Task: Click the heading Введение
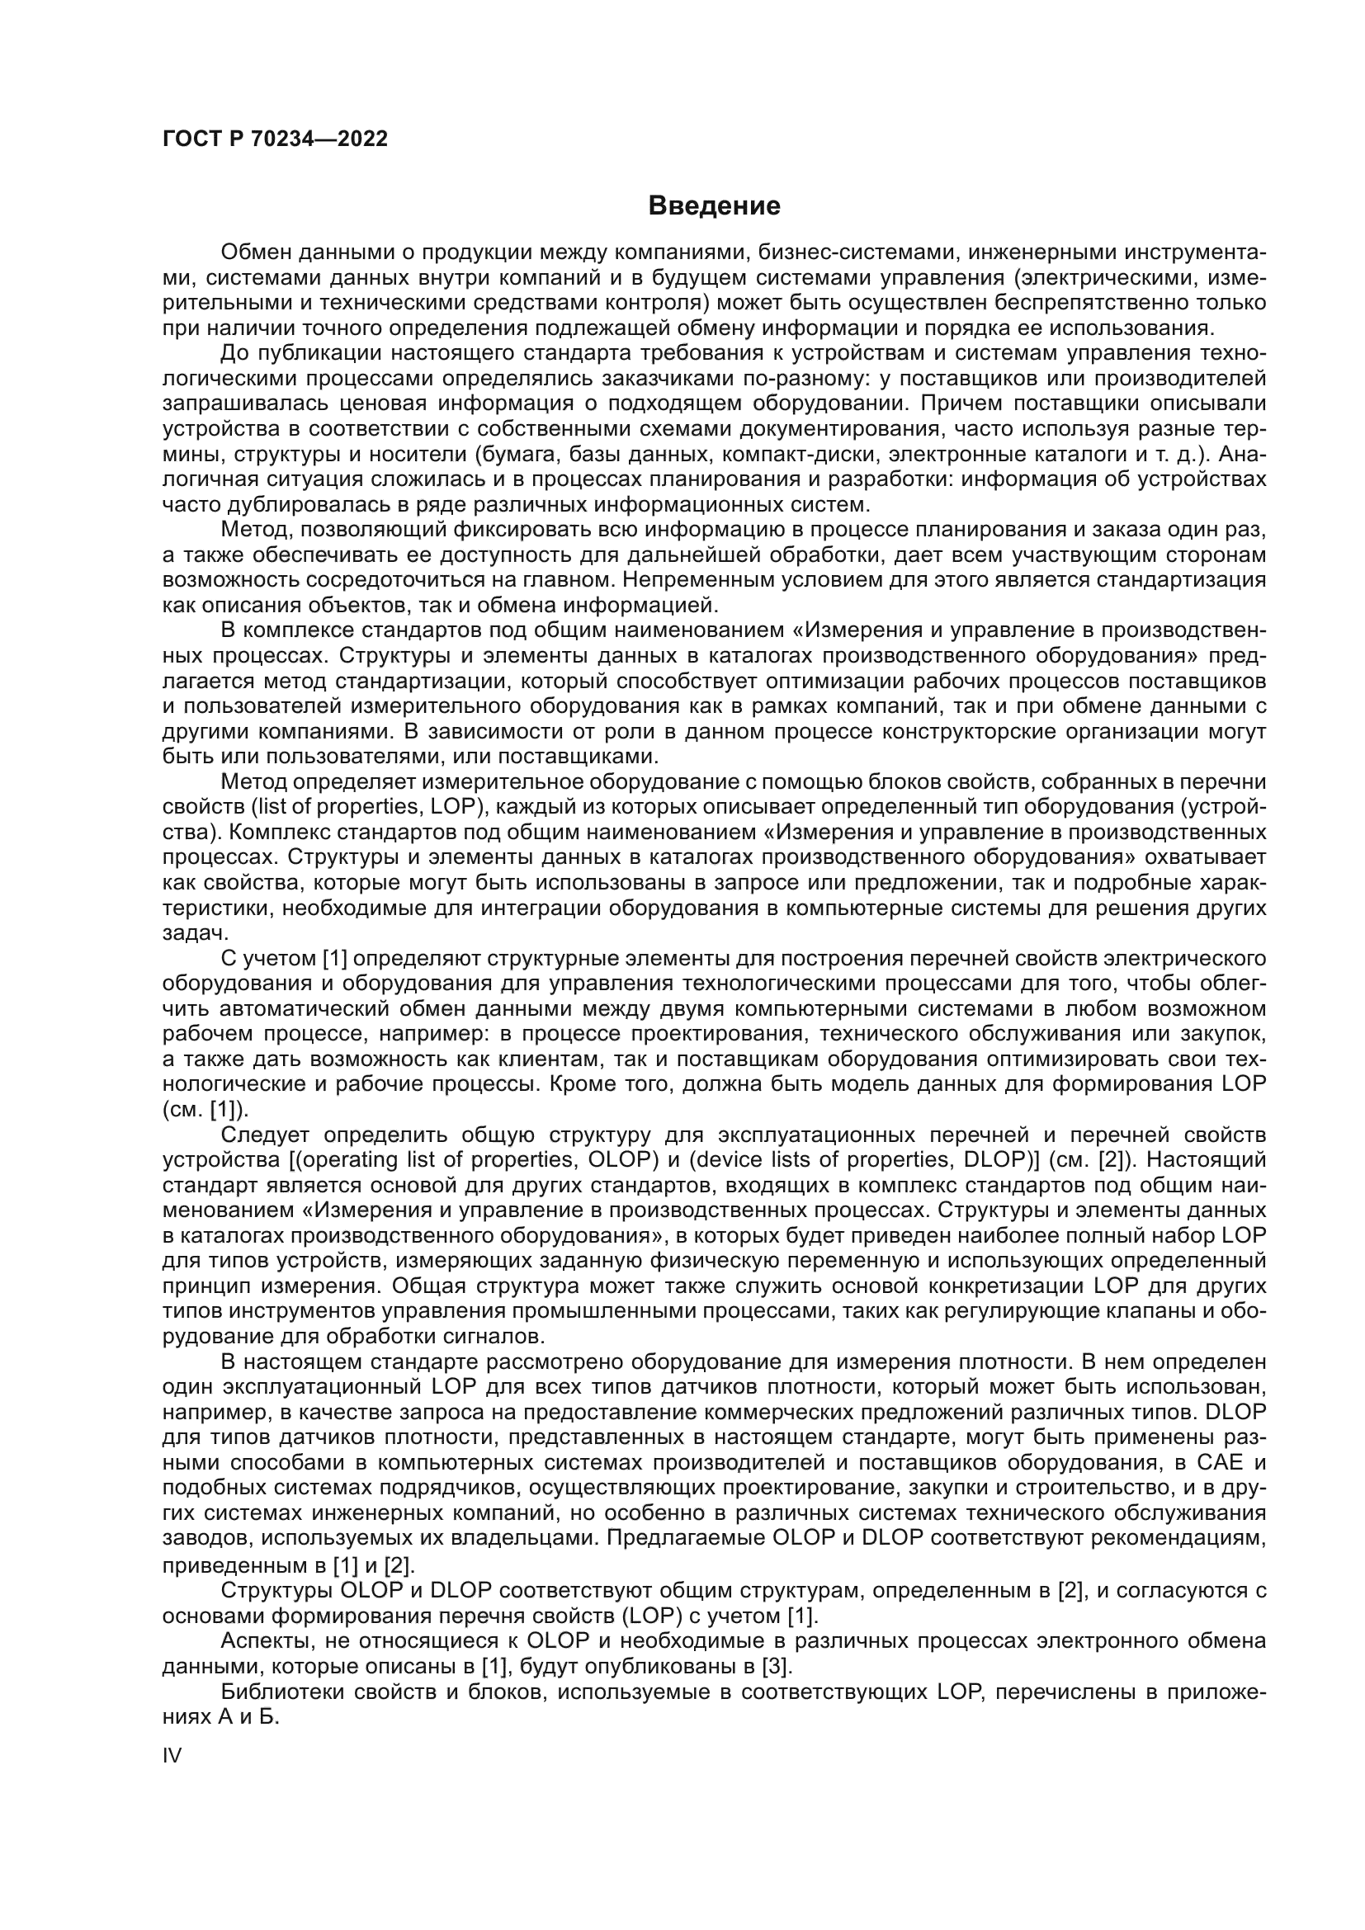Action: pos(714,206)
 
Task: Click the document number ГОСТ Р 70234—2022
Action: pos(275,139)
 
